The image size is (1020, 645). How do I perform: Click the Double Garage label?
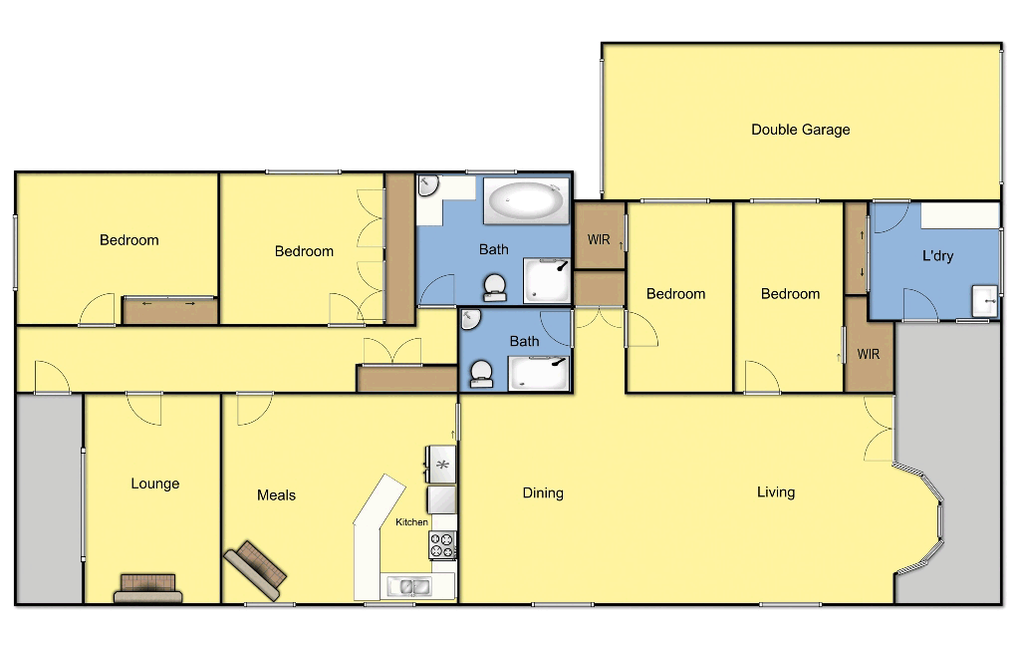point(800,130)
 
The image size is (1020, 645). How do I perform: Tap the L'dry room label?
point(937,256)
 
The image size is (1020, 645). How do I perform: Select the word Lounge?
point(155,484)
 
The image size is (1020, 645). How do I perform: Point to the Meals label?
point(276,495)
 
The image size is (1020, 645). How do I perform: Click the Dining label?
point(543,492)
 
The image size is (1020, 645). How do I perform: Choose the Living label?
point(776,491)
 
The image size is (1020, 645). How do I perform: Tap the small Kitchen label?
point(411,522)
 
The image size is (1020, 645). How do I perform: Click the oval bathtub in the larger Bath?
point(526,201)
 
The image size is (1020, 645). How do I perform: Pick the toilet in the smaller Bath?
point(482,374)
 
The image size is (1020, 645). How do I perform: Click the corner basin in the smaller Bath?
point(471,318)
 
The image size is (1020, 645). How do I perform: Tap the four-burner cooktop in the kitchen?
point(442,545)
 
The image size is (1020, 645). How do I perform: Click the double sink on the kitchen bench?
point(408,586)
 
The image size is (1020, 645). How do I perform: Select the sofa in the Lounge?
point(148,588)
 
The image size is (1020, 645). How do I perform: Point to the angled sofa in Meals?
point(256,566)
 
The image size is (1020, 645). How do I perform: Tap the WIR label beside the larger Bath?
point(599,240)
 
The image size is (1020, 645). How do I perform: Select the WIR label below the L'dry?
point(869,354)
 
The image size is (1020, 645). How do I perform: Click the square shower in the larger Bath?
point(548,282)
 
